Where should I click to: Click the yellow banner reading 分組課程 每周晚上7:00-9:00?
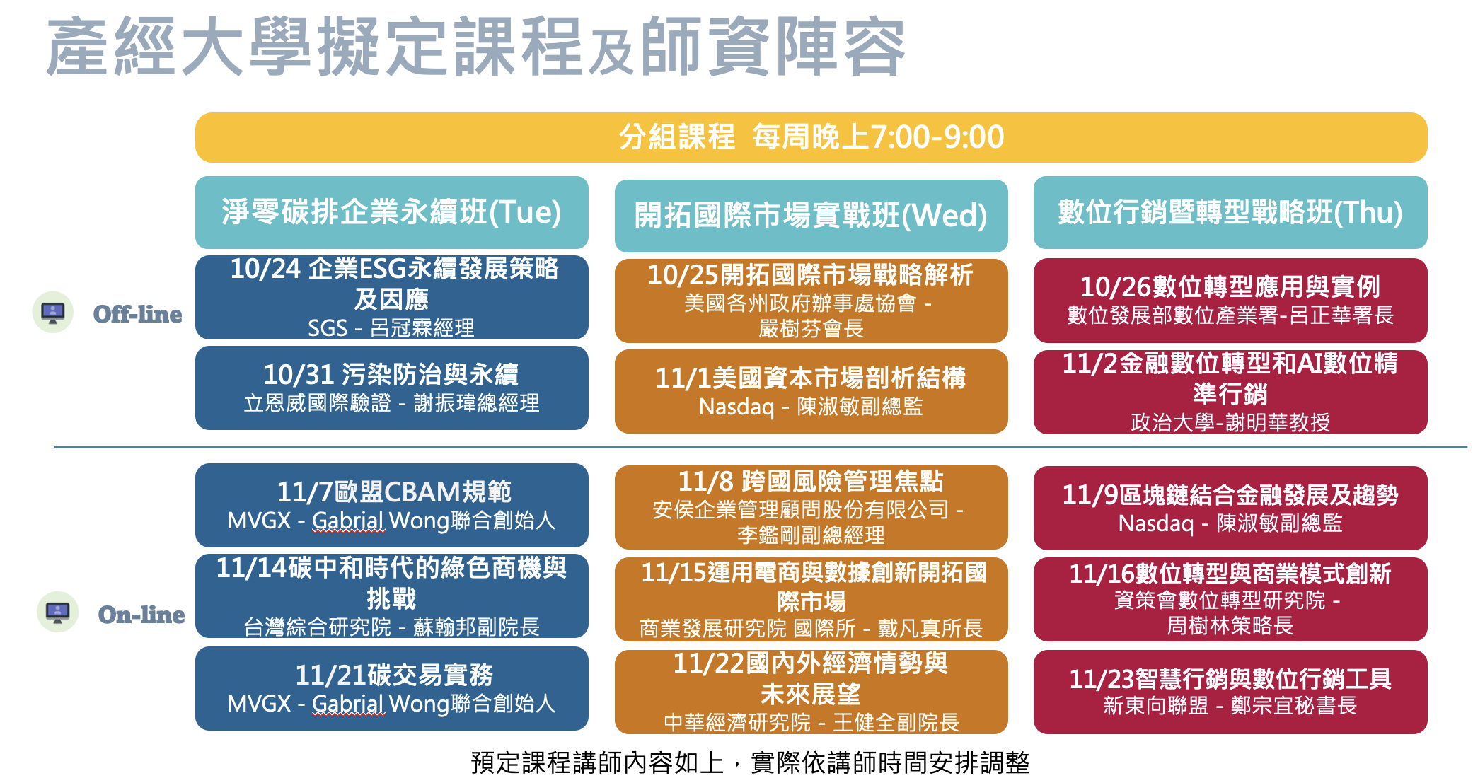[x=811, y=137]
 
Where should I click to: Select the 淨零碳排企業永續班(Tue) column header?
[x=392, y=212]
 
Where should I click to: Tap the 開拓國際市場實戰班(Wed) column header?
[x=811, y=216]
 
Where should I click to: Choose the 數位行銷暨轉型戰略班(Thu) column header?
[x=1230, y=212]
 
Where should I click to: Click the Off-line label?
[x=137, y=314]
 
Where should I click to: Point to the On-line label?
[x=141, y=615]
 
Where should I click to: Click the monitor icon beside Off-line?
[x=53, y=312]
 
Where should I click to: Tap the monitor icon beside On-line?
[x=57, y=612]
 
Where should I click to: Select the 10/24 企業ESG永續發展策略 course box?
[x=392, y=297]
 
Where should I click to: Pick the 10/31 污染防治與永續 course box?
[x=392, y=388]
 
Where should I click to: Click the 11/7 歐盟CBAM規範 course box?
[x=392, y=505]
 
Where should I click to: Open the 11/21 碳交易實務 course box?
[x=392, y=688]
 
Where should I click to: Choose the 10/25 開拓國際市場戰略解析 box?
[x=811, y=301]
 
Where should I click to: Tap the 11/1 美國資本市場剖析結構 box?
[x=811, y=391]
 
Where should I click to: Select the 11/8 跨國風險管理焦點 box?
[x=811, y=507]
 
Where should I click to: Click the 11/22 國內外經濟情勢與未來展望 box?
[x=811, y=692]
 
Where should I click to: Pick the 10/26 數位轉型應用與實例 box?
[x=1230, y=301]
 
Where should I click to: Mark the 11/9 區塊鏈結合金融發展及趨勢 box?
[x=1230, y=508]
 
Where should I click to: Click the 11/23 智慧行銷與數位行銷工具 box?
[x=1230, y=692]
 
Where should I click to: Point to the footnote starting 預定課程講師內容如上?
[x=750, y=762]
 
